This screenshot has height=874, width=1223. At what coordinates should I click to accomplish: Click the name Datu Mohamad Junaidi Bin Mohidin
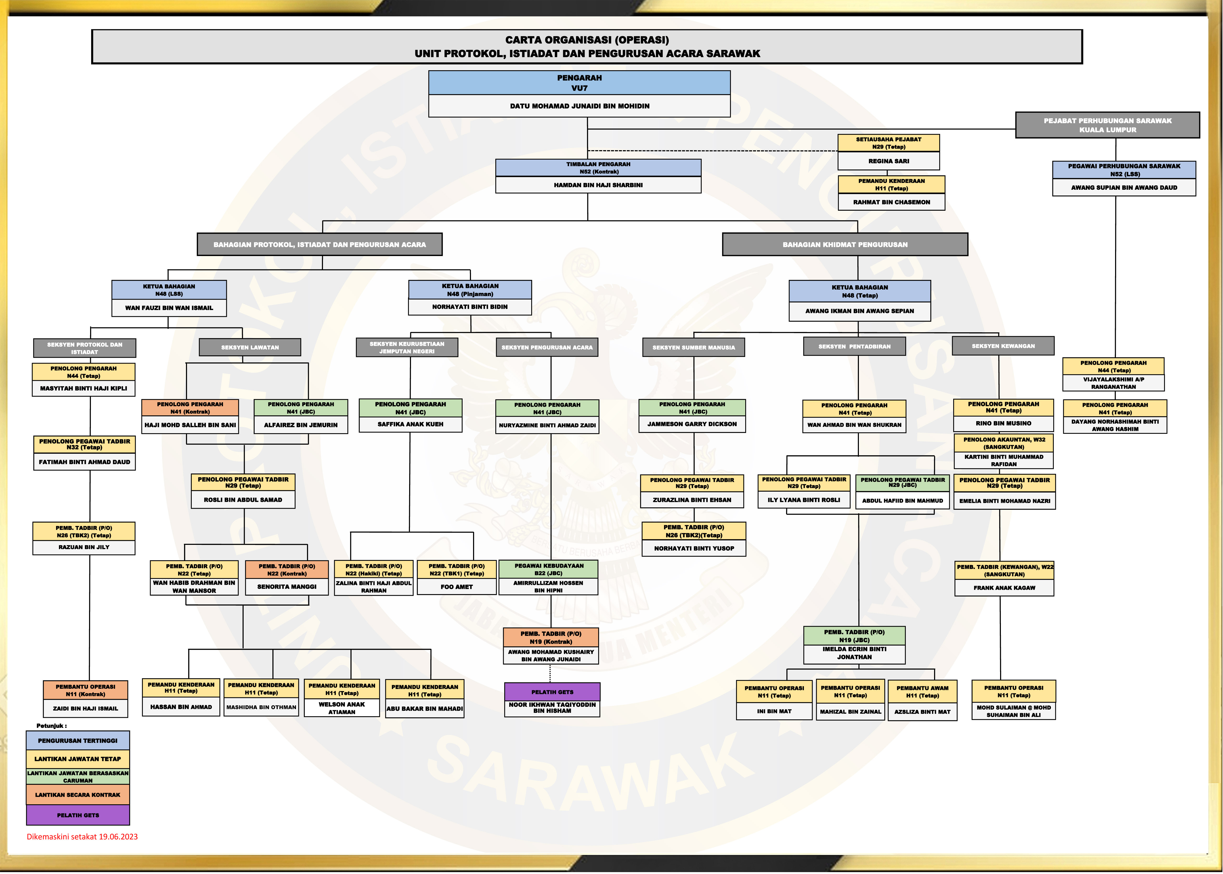coord(579,106)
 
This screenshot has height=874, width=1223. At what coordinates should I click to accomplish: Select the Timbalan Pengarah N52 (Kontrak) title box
coord(598,168)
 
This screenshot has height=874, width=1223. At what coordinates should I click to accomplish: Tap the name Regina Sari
coord(889,161)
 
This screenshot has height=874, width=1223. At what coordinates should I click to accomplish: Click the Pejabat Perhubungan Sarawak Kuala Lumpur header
coord(1107,125)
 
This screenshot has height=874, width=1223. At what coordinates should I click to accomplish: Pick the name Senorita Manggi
coord(287,587)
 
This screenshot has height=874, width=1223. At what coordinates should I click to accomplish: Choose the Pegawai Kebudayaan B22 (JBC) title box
coord(549,569)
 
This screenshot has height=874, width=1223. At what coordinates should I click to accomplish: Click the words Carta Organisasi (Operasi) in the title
coord(587,40)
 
